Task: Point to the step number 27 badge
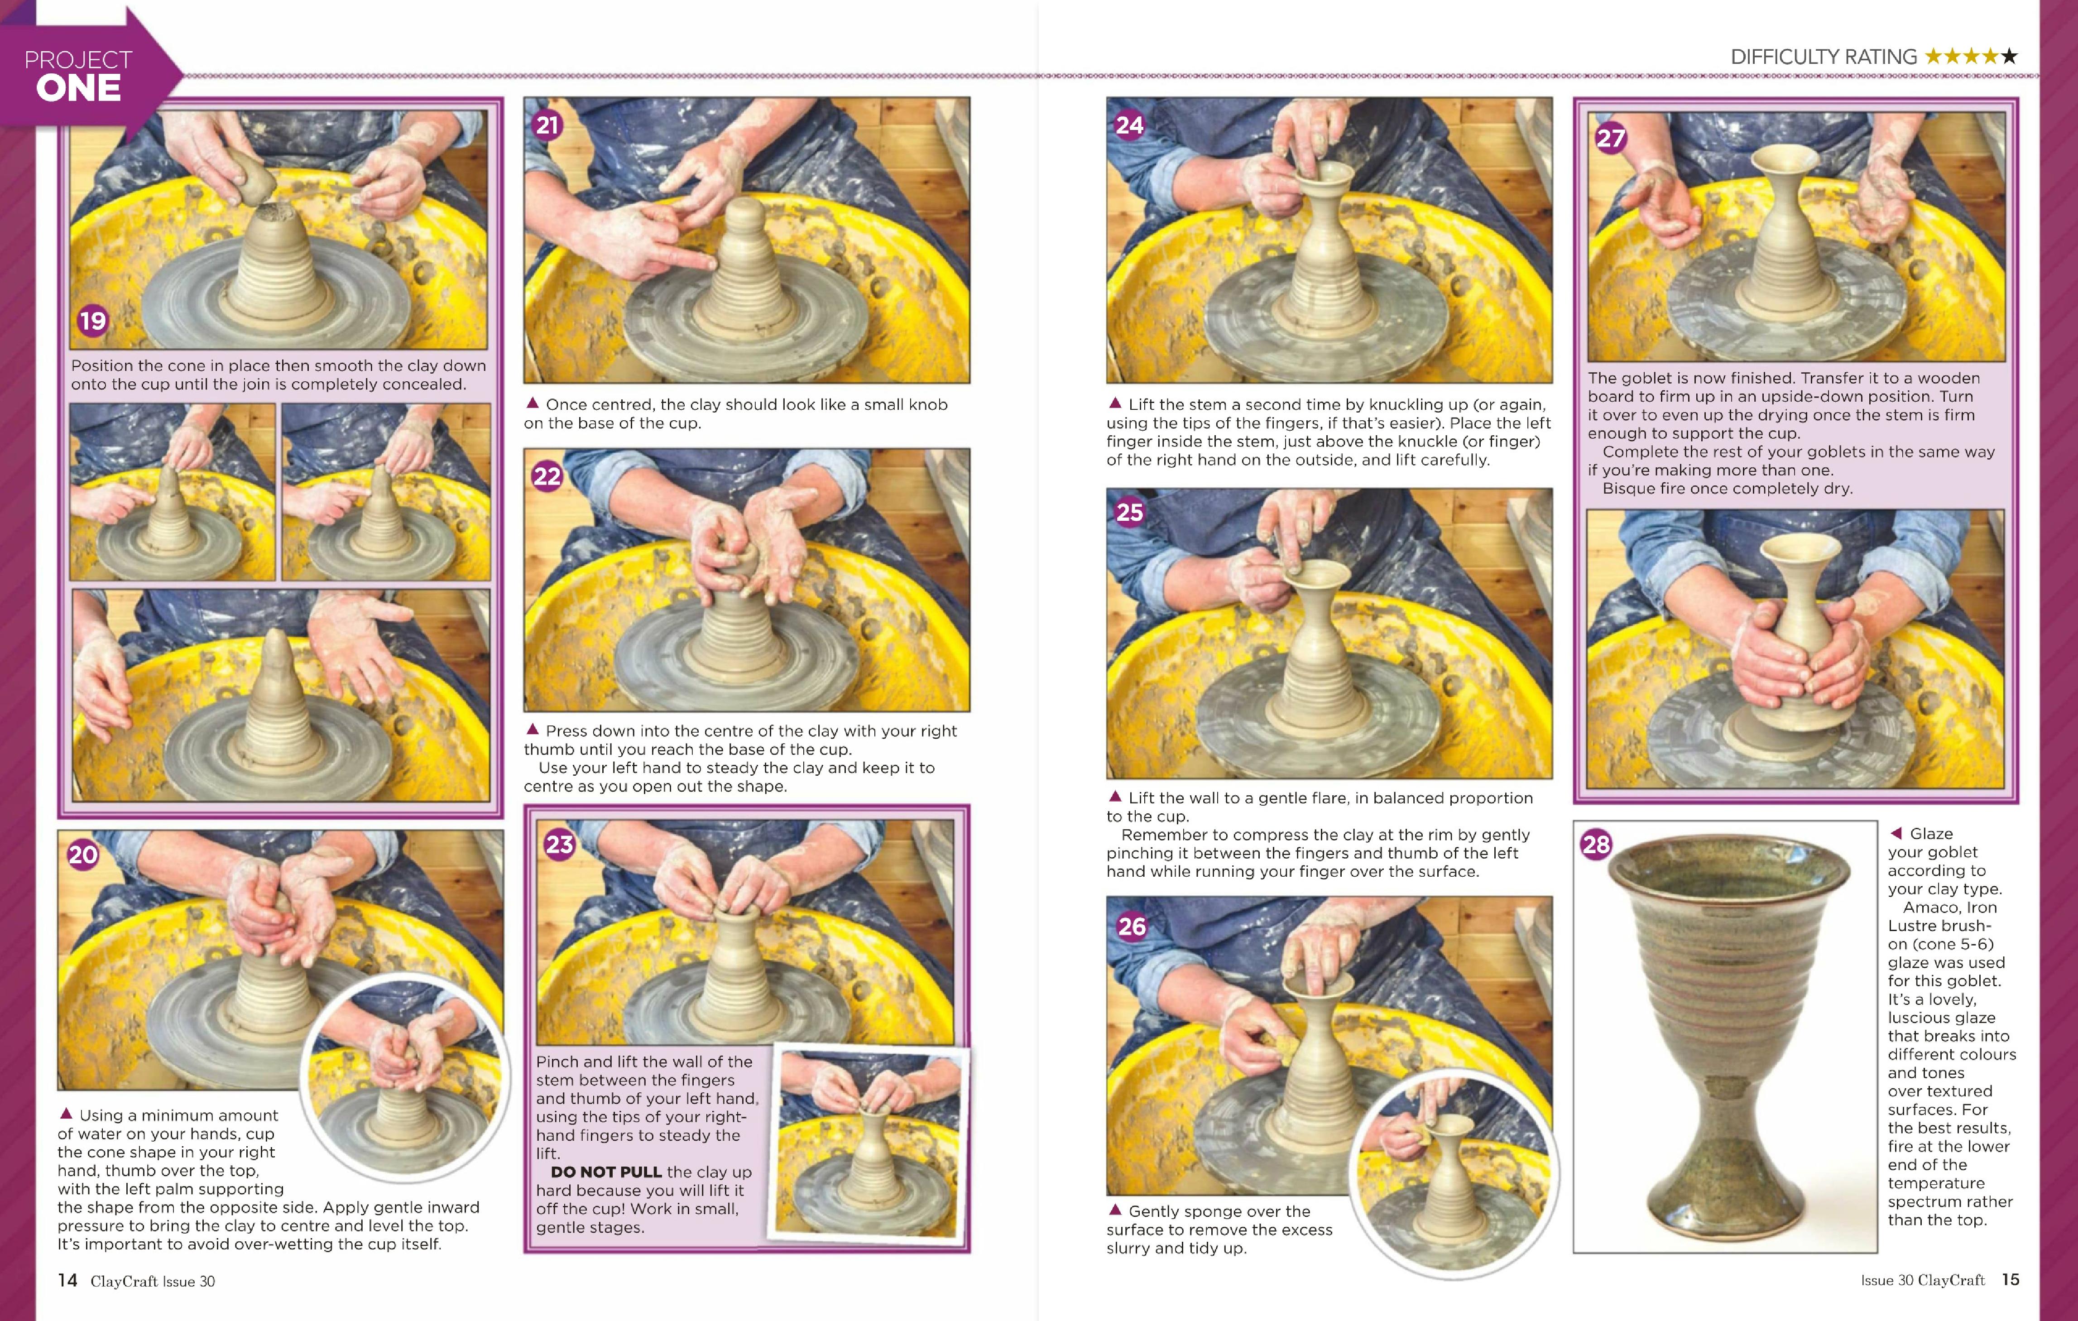point(1610,138)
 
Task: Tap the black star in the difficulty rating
point(2009,57)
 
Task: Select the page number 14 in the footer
point(67,1280)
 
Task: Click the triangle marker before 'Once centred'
point(533,403)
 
